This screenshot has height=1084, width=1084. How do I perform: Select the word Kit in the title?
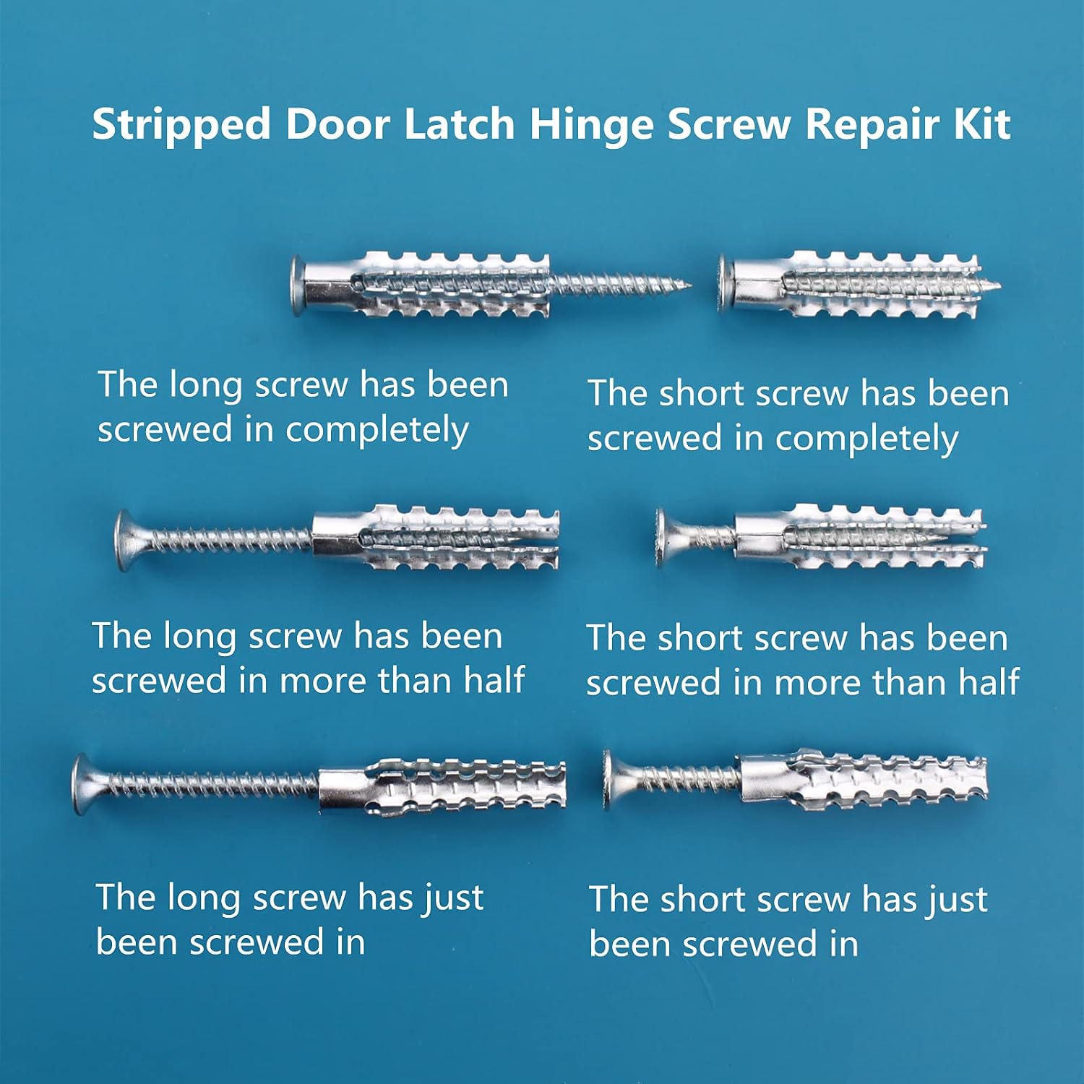point(981,124)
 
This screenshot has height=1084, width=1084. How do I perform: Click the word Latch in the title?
point(459,124)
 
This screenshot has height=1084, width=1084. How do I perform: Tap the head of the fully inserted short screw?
point(726,283)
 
